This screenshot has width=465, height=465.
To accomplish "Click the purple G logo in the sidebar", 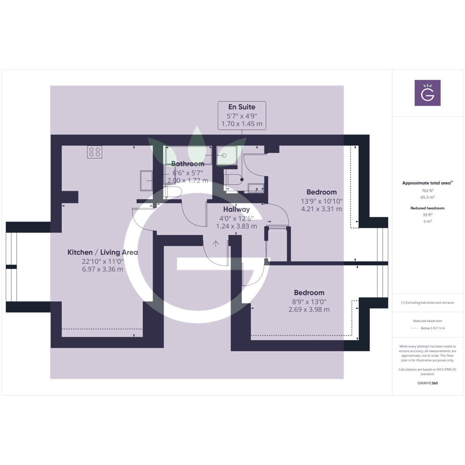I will coord(427,93).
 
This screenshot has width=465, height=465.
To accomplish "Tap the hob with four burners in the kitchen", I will coord(95,152).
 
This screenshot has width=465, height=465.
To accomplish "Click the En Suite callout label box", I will coord(242,115).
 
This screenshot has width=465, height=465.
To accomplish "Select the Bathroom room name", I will coord(188,164).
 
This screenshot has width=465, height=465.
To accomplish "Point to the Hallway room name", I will coord(236,209).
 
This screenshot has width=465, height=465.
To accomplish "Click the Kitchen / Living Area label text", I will coord(103,252).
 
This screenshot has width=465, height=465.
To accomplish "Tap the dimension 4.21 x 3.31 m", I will coord(321,209).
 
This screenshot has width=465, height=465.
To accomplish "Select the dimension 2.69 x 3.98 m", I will coord(309,310).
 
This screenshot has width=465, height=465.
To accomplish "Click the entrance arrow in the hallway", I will coord(216,244).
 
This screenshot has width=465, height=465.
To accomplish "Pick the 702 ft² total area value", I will coord(427,191).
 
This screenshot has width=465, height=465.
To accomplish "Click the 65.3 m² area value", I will coord(427,197).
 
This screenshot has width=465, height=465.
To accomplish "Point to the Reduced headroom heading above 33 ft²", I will coord(427,208).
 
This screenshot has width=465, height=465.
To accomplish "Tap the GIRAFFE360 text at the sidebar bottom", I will coord(427,383).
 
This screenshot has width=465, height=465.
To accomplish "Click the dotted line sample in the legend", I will coord(414,328).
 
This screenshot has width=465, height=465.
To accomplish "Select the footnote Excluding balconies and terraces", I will coord(427,303).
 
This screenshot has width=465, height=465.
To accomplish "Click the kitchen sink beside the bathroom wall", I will coord(146,181).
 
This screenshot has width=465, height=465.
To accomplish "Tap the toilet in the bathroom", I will coord(172,192).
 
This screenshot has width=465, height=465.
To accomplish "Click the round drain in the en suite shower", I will coord(224,155).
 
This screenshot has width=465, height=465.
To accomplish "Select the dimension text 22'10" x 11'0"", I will coord(103,261).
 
